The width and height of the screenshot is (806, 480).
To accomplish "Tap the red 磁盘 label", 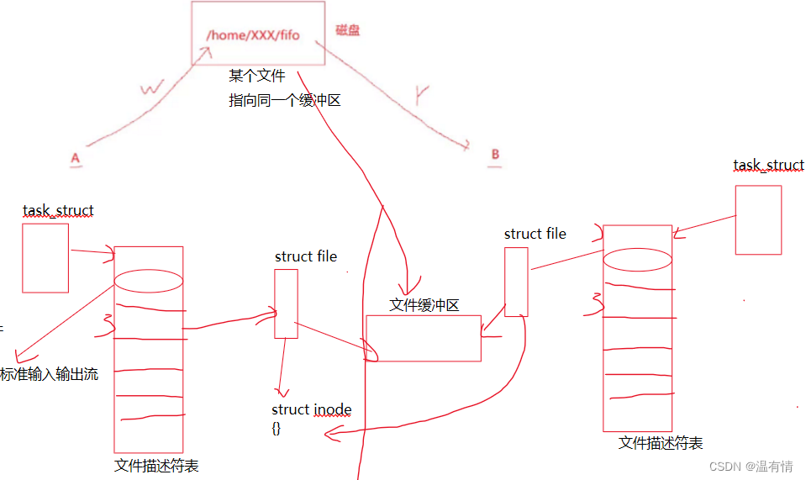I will (348, 30).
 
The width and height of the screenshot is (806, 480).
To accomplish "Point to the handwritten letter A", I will (76, 158).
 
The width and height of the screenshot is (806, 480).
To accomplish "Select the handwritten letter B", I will (495, 155).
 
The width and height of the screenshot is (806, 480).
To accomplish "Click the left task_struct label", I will (58, 210).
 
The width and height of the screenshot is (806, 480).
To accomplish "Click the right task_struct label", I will (768, 166).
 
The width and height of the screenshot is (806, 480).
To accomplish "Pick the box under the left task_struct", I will (45, 257).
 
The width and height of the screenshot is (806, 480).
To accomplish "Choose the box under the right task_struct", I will (758, 219).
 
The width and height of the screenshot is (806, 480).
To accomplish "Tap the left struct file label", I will (306, 256).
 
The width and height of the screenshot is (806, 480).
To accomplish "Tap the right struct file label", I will (535, 234).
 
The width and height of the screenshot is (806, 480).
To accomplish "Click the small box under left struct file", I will (286, 303).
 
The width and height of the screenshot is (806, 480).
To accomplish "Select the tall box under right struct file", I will (516, 281).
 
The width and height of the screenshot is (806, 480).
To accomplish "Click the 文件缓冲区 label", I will (424, 305).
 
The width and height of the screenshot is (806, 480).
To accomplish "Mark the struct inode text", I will (312, 410).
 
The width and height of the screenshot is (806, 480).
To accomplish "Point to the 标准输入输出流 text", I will (50, 375).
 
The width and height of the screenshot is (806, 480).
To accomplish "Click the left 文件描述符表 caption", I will (156, 466).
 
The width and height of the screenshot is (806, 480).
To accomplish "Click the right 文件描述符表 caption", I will (661, 443).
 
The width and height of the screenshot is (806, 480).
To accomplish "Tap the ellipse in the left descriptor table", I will (149, 280).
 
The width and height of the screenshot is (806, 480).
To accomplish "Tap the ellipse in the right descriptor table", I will (638, 260).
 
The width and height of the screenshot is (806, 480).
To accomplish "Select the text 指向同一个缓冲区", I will (285, 101).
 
